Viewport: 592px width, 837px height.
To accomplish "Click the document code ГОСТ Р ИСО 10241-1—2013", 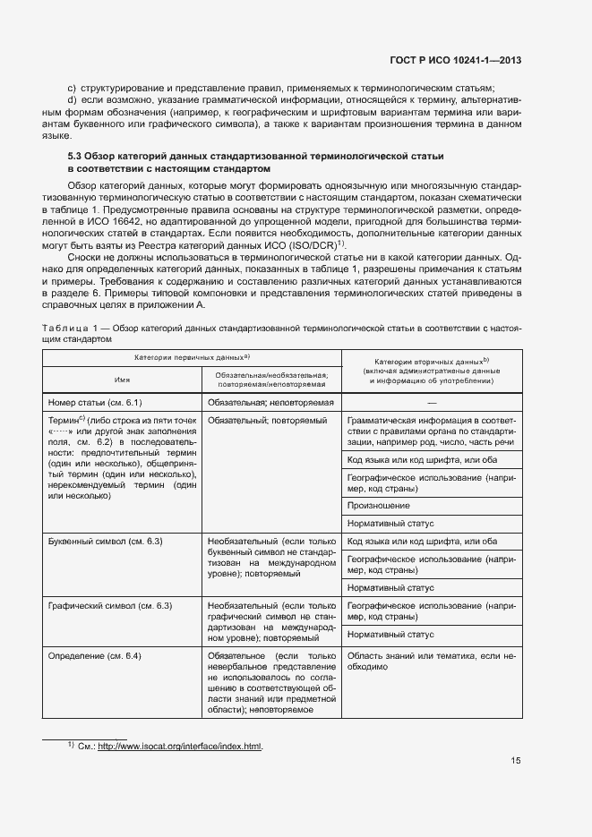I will pyautogui.click(x=458, y=61).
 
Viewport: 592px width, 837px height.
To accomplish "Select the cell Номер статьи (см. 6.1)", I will pyautogui.click(x=96, y=403).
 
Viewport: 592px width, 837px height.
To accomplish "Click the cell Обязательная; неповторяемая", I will pyautogui.click(x=270, y=403).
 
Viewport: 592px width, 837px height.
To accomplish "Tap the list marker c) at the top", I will pyautogui.click(x=72, y=88).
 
